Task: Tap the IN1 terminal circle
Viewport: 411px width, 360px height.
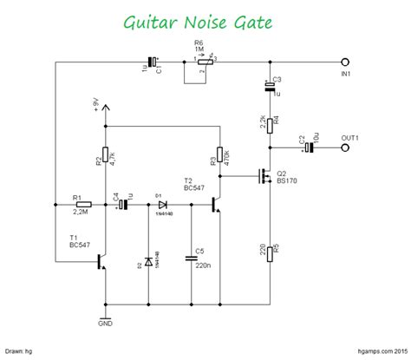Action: click(x=347, y=62)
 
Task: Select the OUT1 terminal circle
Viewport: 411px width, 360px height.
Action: click(x=347, y=147)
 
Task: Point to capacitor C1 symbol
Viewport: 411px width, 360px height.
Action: click(x=153, y=62)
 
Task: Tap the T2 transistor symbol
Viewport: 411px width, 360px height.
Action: click(x=216, y=205)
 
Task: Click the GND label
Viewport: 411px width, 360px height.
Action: click(x=106, y=324)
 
